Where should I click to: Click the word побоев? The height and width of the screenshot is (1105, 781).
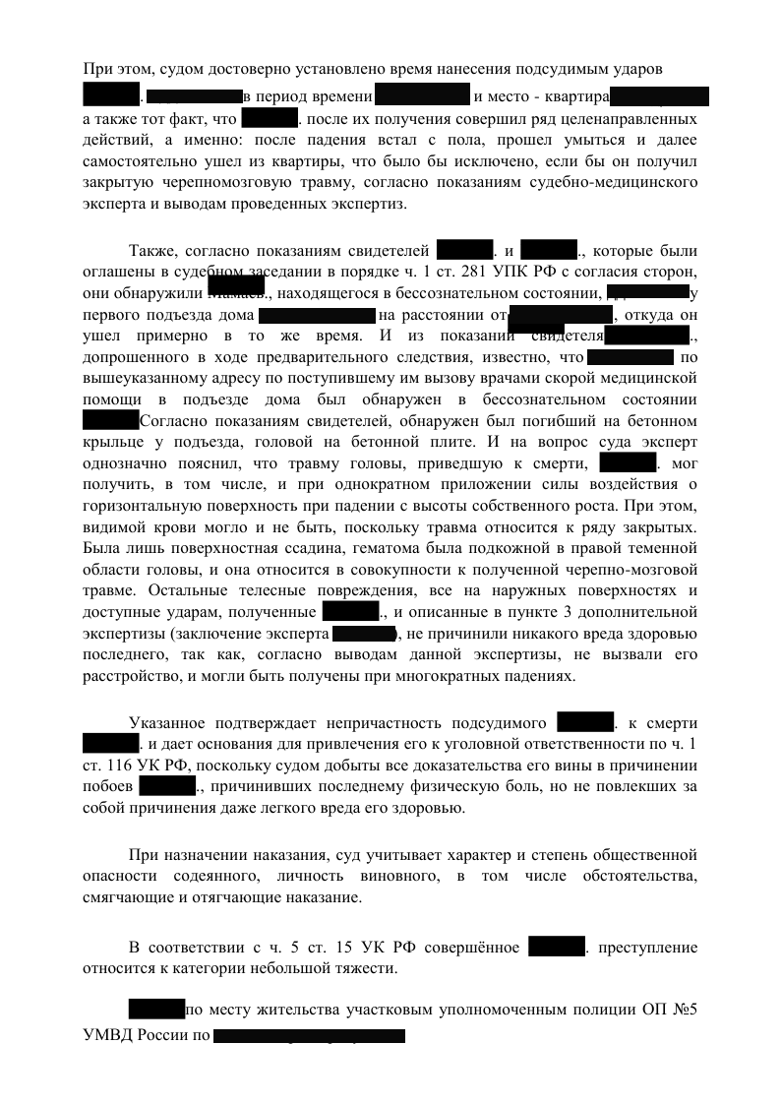(x=107, y=788)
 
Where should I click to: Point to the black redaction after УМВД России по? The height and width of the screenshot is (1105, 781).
(x=309, y=1035)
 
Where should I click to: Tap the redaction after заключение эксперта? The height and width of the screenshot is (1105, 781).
(x=364, y=634)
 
